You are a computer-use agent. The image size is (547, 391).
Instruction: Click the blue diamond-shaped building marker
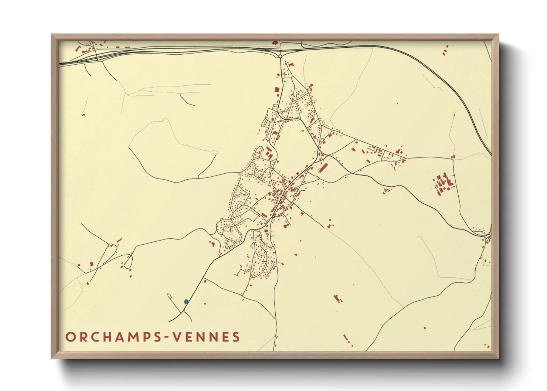tap(186, 302)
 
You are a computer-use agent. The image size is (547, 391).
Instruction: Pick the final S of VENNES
tap(235, 337)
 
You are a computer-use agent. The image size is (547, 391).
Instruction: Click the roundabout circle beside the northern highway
tap(281, 56)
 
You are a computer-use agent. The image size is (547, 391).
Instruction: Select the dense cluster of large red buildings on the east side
tap(443, 183)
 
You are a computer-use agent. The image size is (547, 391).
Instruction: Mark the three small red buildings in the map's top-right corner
tap(446, 50)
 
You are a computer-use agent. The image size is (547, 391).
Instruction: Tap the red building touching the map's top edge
tap(275, 43)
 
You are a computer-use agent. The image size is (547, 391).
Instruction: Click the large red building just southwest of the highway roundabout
tap(277, 90)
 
